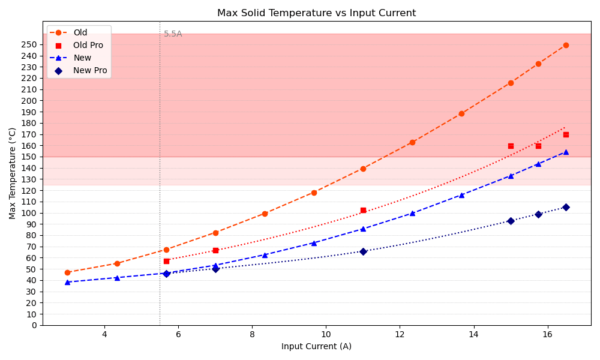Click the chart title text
(316, 13)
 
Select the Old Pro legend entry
(88, 45)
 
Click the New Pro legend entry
(90, 70)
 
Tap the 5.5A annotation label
(173, 34)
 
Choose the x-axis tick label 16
(547, 334)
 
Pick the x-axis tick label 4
(104, 334)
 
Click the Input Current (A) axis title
(316, 346)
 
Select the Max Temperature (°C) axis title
(13, 173)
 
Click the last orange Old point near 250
(566, 45)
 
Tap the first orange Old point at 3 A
(67, 272)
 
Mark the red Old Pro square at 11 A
(363, 210)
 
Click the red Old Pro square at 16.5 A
(566, 134)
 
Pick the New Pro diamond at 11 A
(363, 251)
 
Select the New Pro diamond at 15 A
(511, 221)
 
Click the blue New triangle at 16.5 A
(566, 152)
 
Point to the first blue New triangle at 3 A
(67, 282)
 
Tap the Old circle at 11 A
(363, 169)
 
